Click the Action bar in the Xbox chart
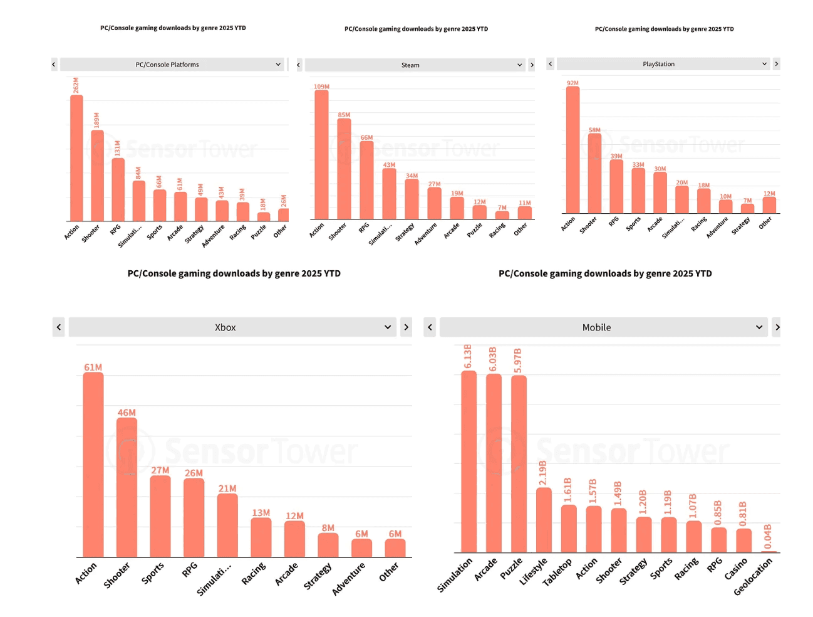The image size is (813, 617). [93, 464]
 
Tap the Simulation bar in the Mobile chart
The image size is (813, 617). [469, 461]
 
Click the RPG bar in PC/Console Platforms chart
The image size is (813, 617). [118, 189]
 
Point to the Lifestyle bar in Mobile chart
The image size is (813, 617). [544, 520]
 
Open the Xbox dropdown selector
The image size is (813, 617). [232, 327]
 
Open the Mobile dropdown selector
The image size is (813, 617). [603, 327]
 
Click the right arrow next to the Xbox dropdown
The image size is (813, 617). [406, 327]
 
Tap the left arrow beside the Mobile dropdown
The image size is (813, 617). [430, 327]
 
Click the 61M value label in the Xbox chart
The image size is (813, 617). [93, 367]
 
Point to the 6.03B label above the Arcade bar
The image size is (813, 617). [493, 358]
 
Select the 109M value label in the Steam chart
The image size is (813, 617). [321, 87]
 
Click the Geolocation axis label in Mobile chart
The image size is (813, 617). [753, 576]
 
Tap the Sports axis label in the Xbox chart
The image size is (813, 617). [152, 572]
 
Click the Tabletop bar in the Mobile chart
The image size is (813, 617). [569, 528]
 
